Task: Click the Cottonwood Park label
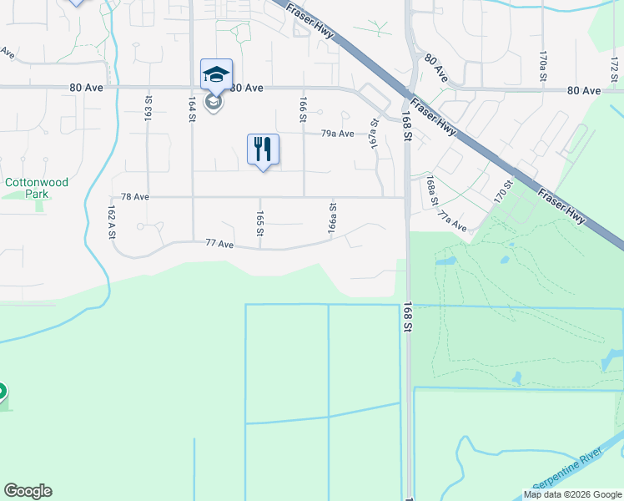coord(37,188)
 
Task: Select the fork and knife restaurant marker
coord(263,149)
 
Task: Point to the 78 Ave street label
coord(135,197)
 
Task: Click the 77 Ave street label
coord(220,244)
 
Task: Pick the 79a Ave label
coord(339,134)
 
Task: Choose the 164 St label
coord(192,110)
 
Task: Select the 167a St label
coord(375,134)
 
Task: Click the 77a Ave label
coord(452,222)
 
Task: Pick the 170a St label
coord(542,64)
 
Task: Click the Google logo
coord(28,491)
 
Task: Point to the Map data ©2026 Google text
coord(572,495)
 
